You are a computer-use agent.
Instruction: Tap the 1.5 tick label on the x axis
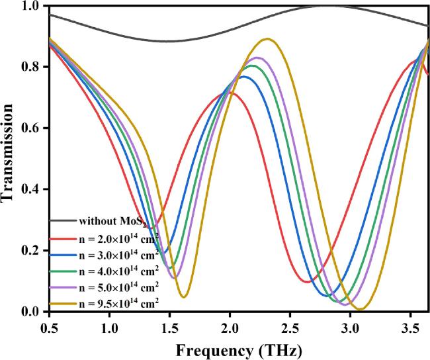[x=169, y=328]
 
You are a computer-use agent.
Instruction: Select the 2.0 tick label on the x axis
[x=230, y=328]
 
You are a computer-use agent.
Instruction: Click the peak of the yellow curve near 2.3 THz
[x=267, y=39]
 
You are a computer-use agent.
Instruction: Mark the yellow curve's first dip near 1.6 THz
[x=185, y=296]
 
